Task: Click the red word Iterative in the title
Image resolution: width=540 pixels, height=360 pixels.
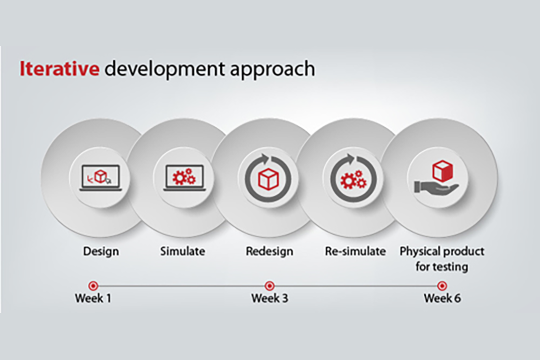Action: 59,68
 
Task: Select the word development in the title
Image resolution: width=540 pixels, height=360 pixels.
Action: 164,70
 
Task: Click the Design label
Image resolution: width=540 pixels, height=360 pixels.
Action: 101,252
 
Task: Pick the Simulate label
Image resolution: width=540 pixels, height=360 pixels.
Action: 183,251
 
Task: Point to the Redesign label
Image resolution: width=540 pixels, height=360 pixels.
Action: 270,252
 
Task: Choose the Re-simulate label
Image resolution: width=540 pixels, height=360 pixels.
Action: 355,251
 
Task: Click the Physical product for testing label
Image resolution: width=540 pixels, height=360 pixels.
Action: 442,259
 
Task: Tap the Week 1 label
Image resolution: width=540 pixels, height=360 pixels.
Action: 93,298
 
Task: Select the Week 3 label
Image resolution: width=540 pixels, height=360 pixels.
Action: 270,298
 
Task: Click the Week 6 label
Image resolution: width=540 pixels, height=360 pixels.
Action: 442,298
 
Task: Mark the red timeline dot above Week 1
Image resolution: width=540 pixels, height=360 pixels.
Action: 93,286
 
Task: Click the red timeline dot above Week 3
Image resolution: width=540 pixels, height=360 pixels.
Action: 270,286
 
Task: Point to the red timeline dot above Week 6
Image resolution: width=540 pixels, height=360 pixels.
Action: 442,286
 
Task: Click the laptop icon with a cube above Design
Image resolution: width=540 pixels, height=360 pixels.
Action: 101,178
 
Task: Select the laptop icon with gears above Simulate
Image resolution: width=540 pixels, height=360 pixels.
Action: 185,178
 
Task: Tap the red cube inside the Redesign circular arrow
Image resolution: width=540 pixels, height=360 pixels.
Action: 268,179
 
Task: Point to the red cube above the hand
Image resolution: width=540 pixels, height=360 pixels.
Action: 443,171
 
